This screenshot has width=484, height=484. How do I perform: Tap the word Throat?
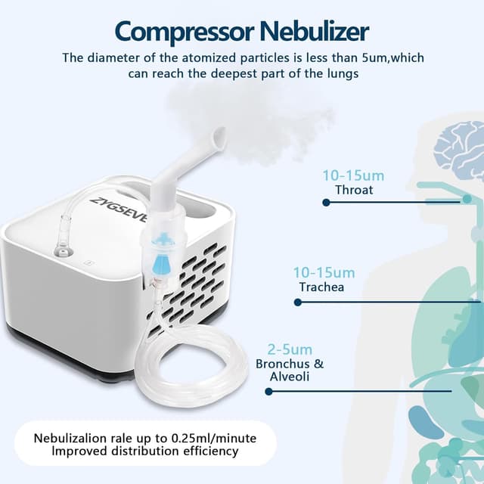click(354, 190)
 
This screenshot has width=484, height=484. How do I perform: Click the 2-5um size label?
click(290, 349)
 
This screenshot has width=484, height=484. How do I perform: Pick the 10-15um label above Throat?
click(353, 175)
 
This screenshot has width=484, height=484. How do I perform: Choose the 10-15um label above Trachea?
click(324, 272)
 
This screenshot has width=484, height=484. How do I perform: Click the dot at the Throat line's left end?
click(325, 203)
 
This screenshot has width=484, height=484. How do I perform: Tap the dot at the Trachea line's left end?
click(297, 302)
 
